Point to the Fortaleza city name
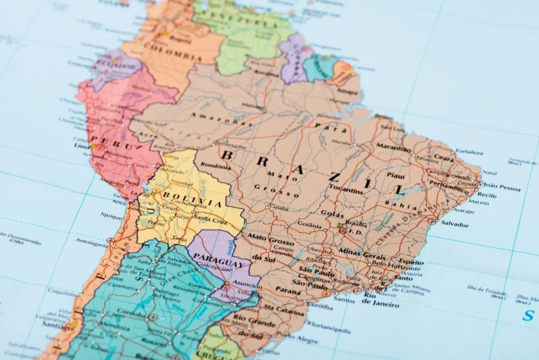point(469,152)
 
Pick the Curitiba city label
point(319,306)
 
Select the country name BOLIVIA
point(184,194)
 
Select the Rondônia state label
point(215,166)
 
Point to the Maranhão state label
point(394,148)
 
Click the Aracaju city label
point(463,210)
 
